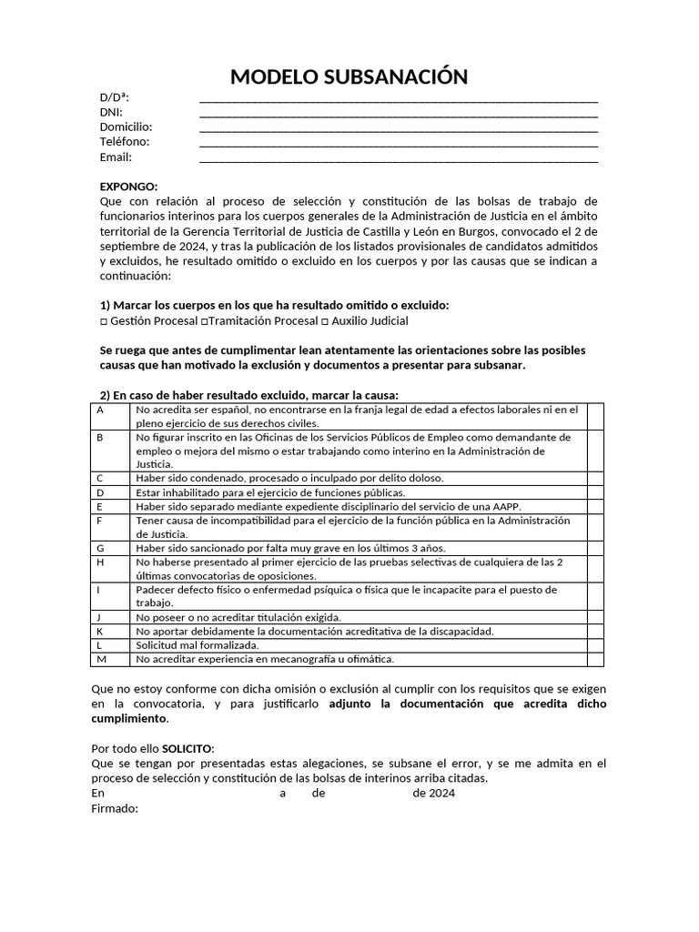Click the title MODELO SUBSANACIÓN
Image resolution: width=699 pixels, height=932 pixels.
coord(349,77)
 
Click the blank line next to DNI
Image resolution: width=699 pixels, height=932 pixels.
coord(398,114)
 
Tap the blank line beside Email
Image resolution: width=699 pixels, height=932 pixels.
coord(398,158)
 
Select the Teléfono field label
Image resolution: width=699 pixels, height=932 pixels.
coord(125,142)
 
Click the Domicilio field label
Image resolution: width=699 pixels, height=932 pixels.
coord(126,127)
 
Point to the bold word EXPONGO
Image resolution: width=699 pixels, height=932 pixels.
coord(128,186)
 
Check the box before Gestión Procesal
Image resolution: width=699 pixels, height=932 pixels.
coord(103,322)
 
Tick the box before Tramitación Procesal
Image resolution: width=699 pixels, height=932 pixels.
coord(205,322)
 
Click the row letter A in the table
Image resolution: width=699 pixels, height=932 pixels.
coord(100,410)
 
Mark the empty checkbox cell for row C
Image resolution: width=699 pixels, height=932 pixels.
coord(596,478)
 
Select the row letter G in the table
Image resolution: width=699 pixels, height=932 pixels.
coord(101,549)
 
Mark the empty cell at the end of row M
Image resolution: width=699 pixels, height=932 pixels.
coord(596,659)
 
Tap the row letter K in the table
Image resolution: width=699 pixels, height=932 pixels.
coord(100,631)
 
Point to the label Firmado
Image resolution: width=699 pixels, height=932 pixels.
coord(115,808)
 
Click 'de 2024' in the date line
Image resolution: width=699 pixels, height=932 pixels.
coord(433,794)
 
